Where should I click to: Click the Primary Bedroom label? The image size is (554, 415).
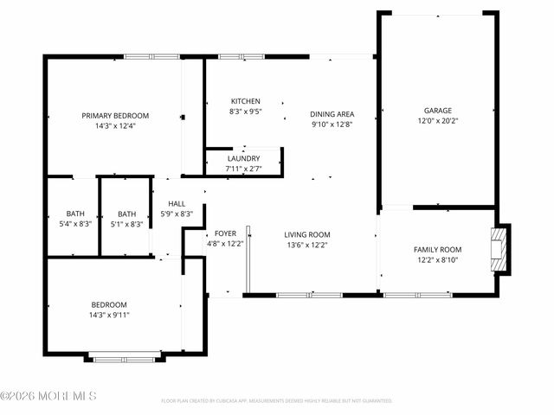(x=115, y=116)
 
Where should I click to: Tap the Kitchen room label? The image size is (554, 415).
(x=245, y=101)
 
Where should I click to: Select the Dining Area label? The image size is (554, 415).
(x=332, y=114)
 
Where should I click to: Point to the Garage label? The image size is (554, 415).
(x=437, y=111)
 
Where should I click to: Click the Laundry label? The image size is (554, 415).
(x=243, y=158)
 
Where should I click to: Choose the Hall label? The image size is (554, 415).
(x=176, y=203)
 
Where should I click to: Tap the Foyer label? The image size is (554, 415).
(x=225, y=233)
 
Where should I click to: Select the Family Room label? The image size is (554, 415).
(x=437, y=249)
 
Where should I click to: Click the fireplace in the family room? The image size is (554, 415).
(x=499, y=249)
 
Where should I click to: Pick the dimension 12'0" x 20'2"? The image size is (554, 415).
(x=437, y=122)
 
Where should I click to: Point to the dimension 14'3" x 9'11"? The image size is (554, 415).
(x=109, y=315)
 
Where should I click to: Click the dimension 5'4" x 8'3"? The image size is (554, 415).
(x=74, y=225)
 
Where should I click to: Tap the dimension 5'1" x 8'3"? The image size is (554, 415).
(x=126, y=225)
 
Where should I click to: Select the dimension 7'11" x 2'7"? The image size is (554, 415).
(x=243, y=169)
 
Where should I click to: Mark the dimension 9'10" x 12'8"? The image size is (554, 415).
(x=332, y=124)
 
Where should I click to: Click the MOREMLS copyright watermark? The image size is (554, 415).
(x=48, y=397)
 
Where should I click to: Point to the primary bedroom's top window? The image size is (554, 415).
(x=152, y=57)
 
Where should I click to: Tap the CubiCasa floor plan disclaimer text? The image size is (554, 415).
(x=277, y=401)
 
